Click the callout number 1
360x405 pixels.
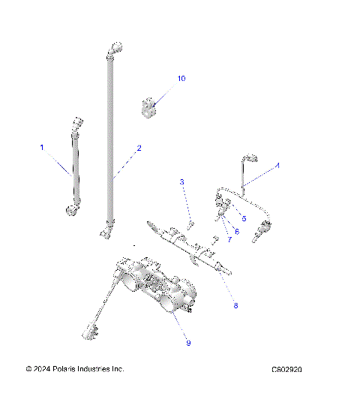click(x=42, y=147)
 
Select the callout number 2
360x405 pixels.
click(x=139, y=148)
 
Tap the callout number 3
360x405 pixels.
click(x=181, y=182)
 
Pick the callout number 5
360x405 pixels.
click(x=244, y=218)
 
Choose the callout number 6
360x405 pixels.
click(x=236, y=231)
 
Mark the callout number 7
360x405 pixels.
click(x=229, y=239)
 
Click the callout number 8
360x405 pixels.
click(x=235, y=306)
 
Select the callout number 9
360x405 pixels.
click(x=188, y=343)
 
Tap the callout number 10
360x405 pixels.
click(x=181, y=78)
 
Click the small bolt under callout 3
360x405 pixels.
click(x=190, y=223)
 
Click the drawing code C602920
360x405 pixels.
click(x=292, y=370)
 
